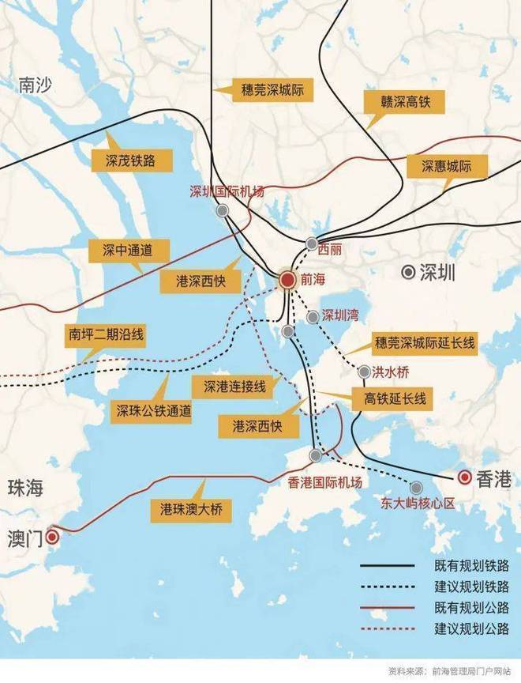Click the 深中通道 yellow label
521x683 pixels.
pos(127,251)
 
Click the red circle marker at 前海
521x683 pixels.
pos(289,279)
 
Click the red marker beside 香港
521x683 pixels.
pos(465,477)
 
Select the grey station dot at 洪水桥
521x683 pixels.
pos(364,372)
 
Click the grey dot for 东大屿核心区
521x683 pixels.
pos(416,487)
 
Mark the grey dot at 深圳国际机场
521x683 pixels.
pos(223,210)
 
